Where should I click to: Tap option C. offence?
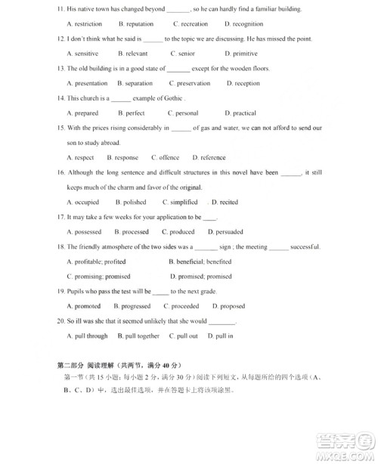165,158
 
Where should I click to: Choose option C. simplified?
180,203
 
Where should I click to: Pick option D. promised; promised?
200,277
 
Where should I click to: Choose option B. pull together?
138,336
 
